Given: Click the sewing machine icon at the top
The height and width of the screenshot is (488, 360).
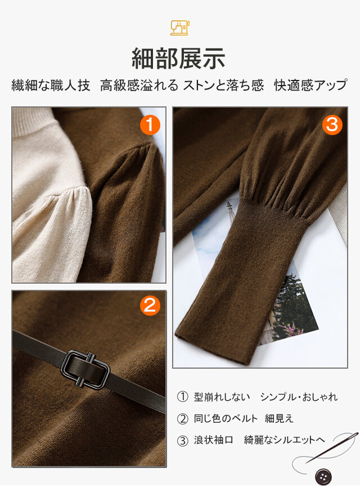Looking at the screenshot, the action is point(180,28).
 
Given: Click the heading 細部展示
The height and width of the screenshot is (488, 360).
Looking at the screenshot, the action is point(179,58).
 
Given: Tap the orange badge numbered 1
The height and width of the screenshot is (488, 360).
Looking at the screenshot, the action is point(150,125).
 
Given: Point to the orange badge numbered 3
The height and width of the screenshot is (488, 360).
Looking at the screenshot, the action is point(332,125).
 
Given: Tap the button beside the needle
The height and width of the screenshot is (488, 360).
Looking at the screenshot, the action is point(323,477).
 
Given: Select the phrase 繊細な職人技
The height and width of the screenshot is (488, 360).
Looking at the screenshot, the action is point(51,86).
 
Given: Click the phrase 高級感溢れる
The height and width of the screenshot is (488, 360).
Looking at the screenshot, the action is point(139,86).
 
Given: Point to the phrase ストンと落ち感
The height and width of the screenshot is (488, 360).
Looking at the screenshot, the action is point(223,86).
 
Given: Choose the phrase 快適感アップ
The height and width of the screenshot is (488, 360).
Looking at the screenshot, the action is point(310,86).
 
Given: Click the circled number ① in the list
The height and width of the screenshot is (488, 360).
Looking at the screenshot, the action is point(183,397).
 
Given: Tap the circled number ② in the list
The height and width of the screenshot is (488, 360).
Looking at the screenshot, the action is point(183,419).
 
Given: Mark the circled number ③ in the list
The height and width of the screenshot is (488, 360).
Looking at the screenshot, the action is point(183,440).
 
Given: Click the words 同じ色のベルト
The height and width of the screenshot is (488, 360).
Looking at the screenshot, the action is point(226,419).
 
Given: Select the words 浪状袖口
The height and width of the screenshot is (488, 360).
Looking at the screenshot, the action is point(213,440).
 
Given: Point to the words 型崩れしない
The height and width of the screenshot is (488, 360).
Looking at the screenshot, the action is point(222,397).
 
